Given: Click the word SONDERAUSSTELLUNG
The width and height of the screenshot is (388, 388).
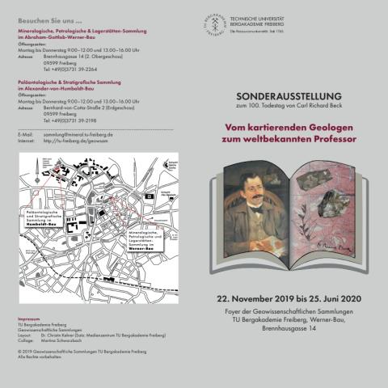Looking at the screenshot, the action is (x=289, y=95).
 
